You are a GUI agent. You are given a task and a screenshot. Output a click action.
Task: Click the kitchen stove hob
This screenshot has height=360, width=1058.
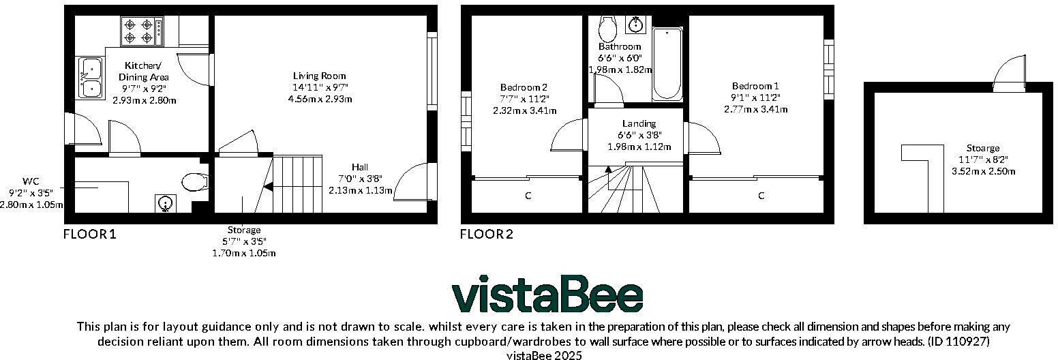(x=142, y=31)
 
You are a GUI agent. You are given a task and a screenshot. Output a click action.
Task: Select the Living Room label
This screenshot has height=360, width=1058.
(x=319, y=76)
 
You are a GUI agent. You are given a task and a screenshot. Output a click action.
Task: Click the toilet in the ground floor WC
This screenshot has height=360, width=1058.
(x=194, y=182)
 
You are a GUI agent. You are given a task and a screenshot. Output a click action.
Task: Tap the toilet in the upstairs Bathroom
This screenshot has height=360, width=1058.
(x=606, y=28)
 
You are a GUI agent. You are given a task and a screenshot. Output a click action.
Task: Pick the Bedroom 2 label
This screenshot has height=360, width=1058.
(x=524, y=87)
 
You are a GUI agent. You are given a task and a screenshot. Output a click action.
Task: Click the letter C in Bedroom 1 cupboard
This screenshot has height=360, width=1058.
(x=761, y=196)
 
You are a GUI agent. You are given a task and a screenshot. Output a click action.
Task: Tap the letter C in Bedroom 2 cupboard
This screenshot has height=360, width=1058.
(x=527, y=196)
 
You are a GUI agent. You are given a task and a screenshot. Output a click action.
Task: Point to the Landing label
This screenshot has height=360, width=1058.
(x=639, y=123)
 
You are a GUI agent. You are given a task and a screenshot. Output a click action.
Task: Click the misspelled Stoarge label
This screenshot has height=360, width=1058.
(x=983, y=148)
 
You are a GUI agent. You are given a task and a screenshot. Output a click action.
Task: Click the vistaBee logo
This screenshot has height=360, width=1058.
(x=547, y=295)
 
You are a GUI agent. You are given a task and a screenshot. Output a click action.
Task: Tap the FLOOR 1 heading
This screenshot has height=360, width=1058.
(x=89, y=235)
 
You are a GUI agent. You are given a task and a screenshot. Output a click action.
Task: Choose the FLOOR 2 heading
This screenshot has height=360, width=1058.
(x=486, y=235)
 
